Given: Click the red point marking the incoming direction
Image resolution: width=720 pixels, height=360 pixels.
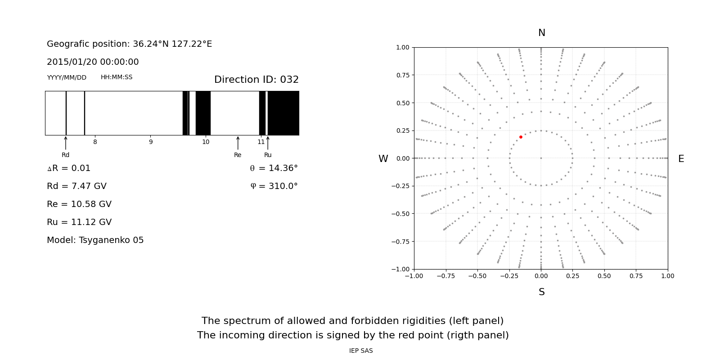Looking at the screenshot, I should click(x=521, y=137).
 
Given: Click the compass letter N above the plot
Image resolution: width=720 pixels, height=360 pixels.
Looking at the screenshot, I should click(x=542, y=33).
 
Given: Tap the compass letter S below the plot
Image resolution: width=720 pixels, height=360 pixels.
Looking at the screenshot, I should click(x=542, y=292).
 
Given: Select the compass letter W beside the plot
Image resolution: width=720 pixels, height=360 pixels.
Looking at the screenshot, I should click(x=383, y=159).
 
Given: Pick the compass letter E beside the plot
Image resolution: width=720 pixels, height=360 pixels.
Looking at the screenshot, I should click(x=681, y=159).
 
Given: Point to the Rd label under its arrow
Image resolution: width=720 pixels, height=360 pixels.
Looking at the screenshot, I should click(x=66, y=155).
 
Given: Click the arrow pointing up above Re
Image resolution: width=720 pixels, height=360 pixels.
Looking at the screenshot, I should click(x=238, y=143).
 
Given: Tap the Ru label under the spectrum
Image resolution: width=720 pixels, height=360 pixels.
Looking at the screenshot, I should click(x=268, y=155).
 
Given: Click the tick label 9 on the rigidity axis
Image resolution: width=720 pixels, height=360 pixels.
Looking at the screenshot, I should click(x=151, y=142).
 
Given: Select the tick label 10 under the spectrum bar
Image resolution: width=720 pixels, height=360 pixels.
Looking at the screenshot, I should click(x=206, y=142).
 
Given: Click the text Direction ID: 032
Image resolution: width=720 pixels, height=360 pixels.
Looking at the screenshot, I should click(x=256, y=80).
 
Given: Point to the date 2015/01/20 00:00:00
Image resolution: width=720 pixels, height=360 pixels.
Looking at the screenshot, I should click(x=93, y=62).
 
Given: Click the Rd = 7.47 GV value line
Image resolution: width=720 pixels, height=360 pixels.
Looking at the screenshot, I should click(x=76, y=186).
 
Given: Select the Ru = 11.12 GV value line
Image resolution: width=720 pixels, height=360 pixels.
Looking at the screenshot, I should click(x=79, y=222).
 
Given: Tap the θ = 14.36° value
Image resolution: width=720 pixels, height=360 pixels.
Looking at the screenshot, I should click(x=274, y=168).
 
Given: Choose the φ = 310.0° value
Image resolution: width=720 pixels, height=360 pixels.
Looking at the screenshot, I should click(x=274, y=186).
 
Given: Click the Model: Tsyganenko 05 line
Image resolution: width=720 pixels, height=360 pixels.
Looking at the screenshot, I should click(x=95, y=240).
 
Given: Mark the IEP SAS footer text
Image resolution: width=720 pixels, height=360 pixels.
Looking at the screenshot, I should click(x=361, y=351).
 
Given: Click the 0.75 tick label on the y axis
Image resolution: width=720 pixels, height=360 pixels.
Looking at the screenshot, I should click(x=403, y=75).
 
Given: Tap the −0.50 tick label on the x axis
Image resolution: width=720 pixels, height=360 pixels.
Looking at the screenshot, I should click(x=477, y=276).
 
